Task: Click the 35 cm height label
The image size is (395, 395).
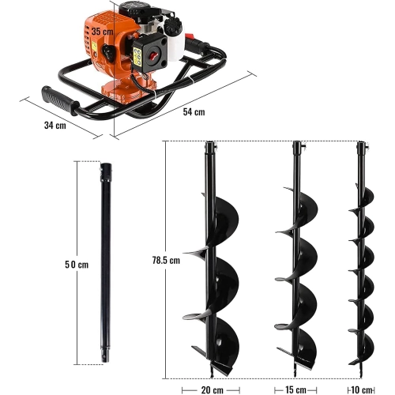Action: coord(103,32)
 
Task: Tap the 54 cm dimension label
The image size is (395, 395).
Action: coord(194,112)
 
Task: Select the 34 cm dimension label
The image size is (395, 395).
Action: coord(55,126)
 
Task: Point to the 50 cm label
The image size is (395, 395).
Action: coord(77,265)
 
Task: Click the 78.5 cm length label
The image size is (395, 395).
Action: coord(166,260)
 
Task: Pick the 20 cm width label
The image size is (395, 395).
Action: coord(213,390)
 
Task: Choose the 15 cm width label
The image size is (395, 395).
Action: coord(295,390)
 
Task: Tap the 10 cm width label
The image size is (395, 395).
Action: coord(361,390)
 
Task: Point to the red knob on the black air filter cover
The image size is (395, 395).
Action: coord(153,55)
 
